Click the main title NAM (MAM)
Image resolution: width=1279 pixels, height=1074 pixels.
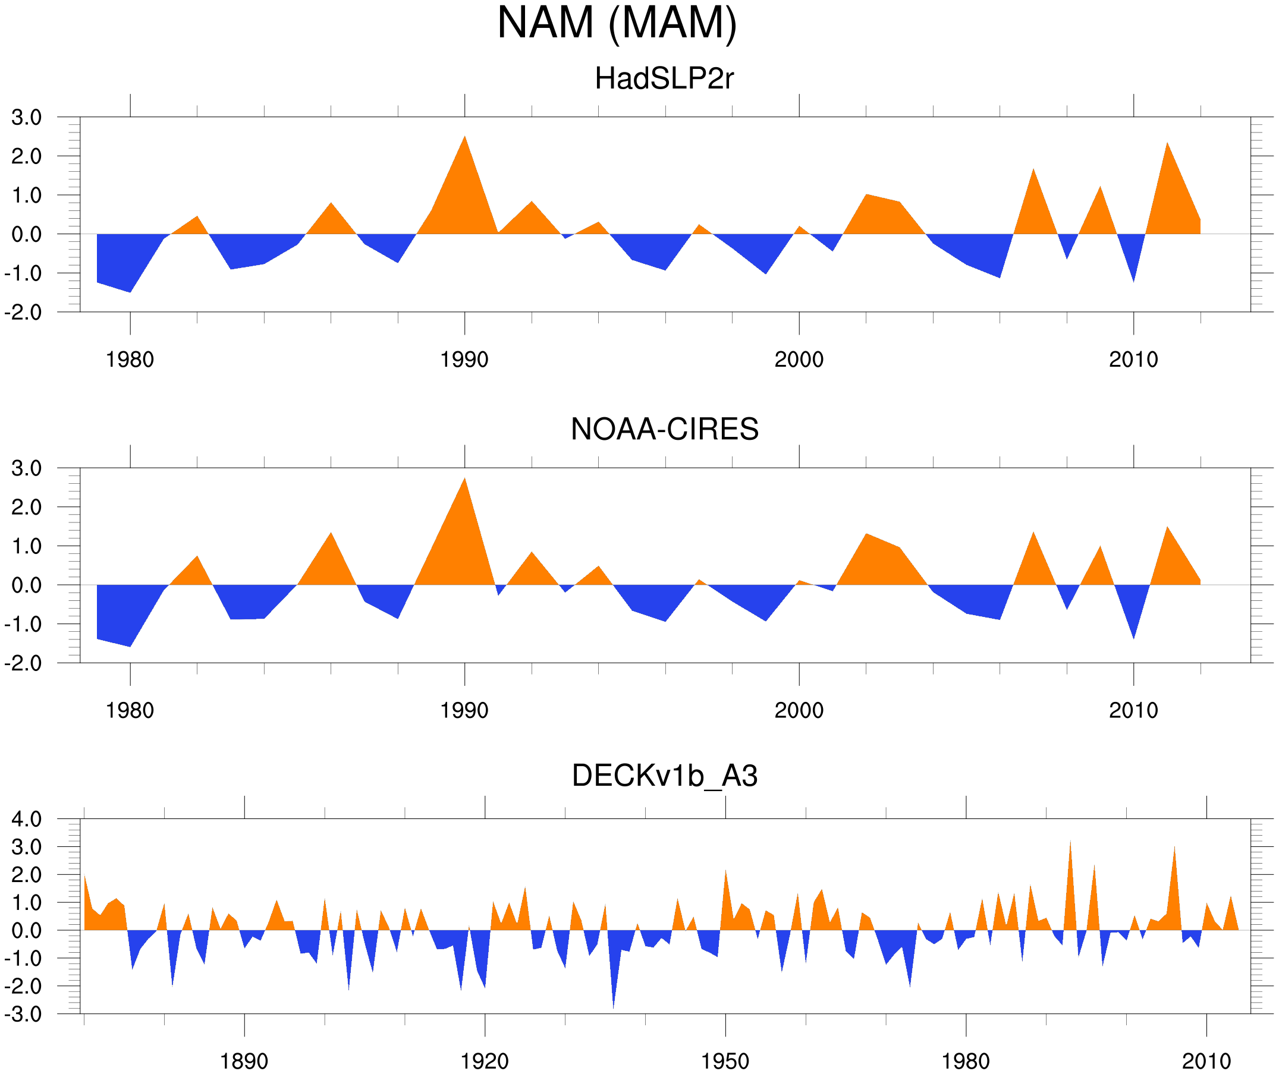617,23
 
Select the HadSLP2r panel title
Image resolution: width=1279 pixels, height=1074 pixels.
664,78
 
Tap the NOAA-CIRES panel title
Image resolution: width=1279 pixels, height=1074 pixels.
664,429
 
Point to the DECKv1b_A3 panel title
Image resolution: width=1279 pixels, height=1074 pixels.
664,776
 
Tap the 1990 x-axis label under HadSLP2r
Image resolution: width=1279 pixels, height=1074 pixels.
464,360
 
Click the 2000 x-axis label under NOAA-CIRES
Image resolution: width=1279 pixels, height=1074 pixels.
799,710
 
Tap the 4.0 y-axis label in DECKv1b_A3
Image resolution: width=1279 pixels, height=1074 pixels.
26,819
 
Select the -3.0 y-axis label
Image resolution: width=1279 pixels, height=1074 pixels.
23,1015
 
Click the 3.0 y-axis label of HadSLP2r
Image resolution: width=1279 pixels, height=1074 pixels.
26,117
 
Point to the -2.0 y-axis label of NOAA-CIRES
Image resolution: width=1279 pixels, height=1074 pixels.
23,663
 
